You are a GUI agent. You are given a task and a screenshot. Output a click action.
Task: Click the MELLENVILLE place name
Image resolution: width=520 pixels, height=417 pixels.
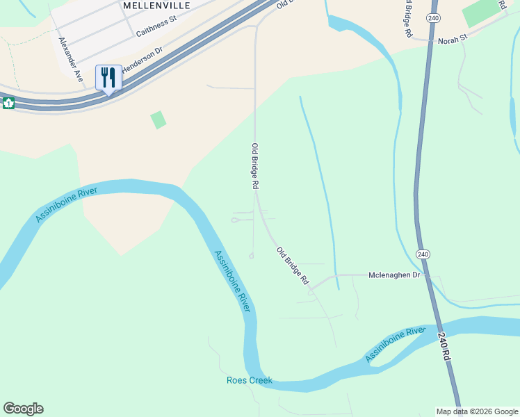pos(156,5)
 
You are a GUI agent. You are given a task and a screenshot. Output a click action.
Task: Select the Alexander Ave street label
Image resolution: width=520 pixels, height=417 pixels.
pos(71,60)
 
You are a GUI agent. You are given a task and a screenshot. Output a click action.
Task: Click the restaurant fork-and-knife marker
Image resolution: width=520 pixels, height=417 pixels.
pos(108,77)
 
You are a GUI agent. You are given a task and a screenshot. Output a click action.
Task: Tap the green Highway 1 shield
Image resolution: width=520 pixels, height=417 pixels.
pos(8,103)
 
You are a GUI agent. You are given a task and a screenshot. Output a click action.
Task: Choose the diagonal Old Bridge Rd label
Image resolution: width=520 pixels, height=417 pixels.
pos(293,265)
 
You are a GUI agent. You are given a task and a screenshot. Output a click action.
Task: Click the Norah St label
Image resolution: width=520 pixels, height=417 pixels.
pos(454,41)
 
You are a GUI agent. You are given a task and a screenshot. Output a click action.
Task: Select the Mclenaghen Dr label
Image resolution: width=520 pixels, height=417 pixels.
pos(395,275)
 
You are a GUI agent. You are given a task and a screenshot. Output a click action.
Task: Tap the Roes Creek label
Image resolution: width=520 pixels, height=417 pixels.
pos(249,380)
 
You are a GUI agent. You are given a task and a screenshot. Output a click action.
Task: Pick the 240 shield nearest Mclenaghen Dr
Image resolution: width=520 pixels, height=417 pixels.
pos(423,254)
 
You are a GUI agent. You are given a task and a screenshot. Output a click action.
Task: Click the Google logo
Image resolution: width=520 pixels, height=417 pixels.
pos(23,409)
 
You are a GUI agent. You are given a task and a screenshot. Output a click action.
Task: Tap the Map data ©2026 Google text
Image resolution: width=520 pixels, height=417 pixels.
pos(477,411)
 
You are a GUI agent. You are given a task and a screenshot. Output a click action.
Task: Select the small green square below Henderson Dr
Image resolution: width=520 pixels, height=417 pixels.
pos(159,120)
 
